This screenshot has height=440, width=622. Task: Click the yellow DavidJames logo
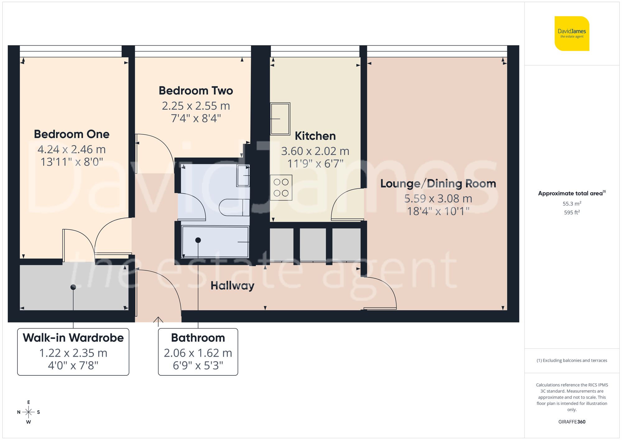click(x=572, y=34)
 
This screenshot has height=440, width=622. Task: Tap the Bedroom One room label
click(x=72, y=134)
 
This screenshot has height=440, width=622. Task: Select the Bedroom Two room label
click(x=196, y=91)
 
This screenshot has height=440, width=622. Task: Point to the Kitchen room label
click(x=315, y=136)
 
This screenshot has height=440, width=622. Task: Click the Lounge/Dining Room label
click(x=438, y=183)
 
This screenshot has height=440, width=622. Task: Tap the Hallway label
click(x=232, y=285)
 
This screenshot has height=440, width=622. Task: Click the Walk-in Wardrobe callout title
click(x=73, y=338)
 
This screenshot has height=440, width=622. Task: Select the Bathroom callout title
click(x=198, y=338)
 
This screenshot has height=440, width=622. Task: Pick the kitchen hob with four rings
click(x=281, y=188)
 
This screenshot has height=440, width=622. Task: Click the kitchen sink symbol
click(x=280, y=119)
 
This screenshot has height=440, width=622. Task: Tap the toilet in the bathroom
click(x=234, y=207)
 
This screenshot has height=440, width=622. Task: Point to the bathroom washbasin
click(x=243, y=176)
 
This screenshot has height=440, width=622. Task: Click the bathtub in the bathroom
click(x=215, y=242)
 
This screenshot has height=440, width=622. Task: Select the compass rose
click(x=28, y=412)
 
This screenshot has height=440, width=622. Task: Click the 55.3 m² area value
click(x=572, y=204)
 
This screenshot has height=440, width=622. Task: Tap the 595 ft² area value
click(x=572, y=212)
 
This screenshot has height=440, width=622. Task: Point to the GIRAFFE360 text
click(x=572, y=422)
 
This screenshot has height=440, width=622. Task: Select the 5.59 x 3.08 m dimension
click(x=438, y=198)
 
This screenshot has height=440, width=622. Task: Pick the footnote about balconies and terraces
click(x=572, y=360)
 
